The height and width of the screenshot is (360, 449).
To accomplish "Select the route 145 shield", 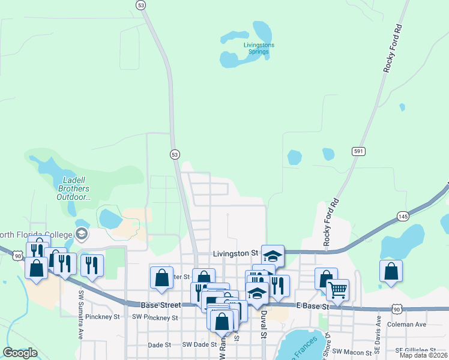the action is (x=402, y=215).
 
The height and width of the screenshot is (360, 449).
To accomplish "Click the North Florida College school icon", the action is (x=82, y=233).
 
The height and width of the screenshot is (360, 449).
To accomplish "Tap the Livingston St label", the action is (x=235, y=254).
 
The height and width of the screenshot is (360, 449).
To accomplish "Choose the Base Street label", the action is (x=161, y=305).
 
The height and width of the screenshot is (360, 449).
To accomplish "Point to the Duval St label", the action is (x=264, y=326).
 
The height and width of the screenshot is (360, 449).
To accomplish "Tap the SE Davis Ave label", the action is (x=378, y=343).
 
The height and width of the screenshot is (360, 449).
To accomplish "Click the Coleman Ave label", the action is (x=408, y=324).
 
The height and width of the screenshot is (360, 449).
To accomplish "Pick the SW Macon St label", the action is (x=350, y=351).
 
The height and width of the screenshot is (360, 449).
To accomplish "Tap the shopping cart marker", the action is (x=337, y=290).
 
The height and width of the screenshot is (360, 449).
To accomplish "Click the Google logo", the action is (x=20, y=353).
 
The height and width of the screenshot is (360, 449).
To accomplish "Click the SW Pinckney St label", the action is (x=155, y=317).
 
